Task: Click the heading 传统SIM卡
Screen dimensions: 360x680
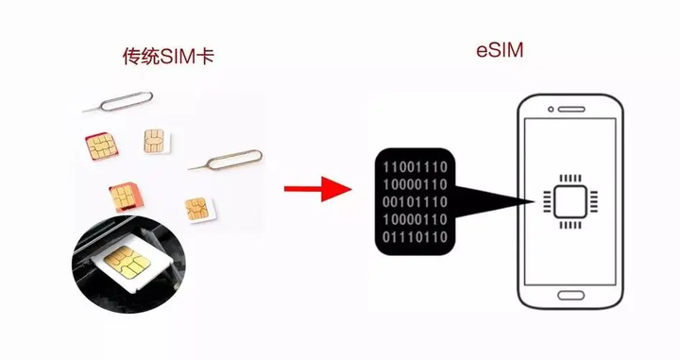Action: (168, 56)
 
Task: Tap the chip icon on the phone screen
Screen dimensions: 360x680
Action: (568, 200)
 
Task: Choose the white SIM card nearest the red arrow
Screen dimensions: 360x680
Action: (196, 207)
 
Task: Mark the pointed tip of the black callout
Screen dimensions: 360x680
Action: (532, 200)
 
